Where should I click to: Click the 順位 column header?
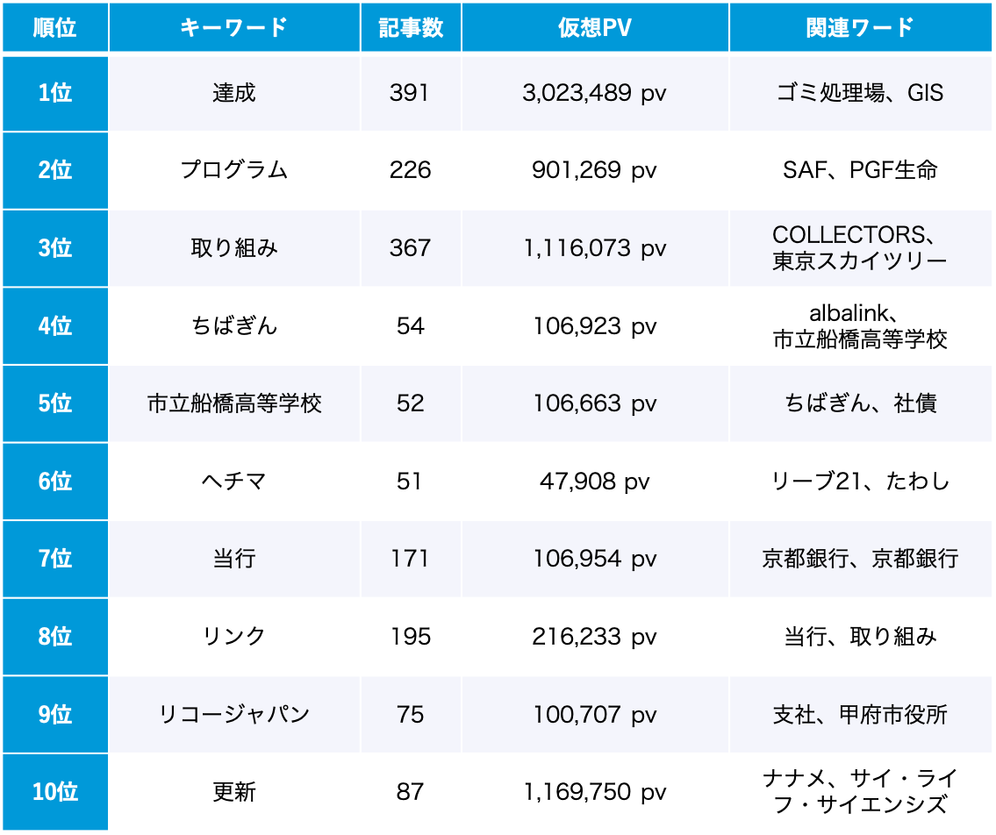(x=54, y=28)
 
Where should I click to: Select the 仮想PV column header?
(x=594, y=28)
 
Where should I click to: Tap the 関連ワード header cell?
(x=860, y=28)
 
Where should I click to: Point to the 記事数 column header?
(x=410, y=28)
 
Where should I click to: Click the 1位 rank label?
(x=54, y=93)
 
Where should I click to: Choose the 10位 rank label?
(x=54, y=793)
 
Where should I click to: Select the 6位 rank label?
(x=54, y=482)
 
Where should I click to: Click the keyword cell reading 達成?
(x=233, y=93)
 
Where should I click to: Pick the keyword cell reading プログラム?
(x=233, y=170)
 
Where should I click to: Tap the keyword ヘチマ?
(x=233, y=482)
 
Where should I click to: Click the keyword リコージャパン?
(x=233, y=715)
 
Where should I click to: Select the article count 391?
(x=410, y=93)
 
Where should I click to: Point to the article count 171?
(x=410, y=559)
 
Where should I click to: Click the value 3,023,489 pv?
(x=594, y=93)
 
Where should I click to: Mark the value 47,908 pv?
(x=594, y=482)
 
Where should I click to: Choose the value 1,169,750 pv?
(x=594, y=793)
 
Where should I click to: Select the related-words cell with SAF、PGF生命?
(x=860, y=170)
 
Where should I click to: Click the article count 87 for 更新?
(x=410, y=793)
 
